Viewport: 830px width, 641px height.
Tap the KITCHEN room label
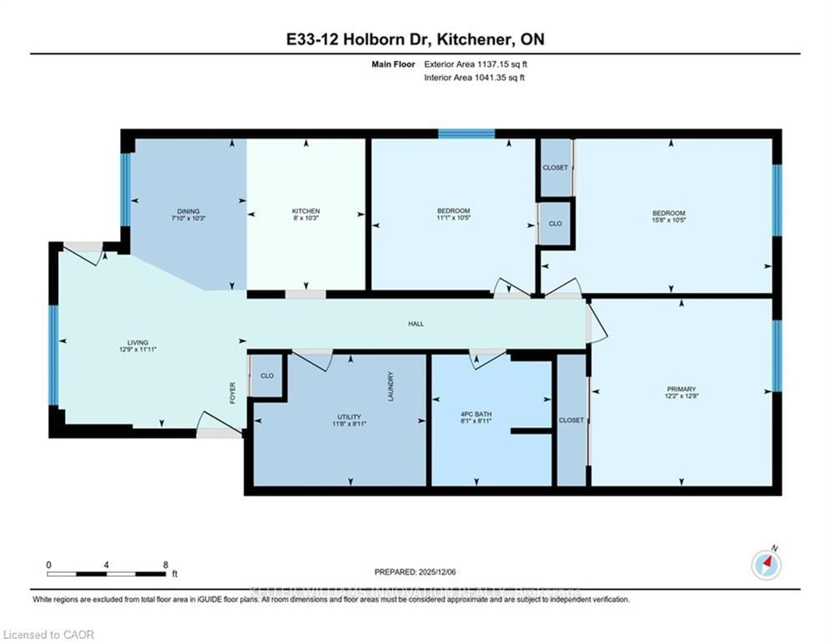306,211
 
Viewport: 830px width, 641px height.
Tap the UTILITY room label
349,417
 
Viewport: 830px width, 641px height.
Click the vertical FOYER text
233,393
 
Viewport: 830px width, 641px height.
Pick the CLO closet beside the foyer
267,376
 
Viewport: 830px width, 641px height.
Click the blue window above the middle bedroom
466,133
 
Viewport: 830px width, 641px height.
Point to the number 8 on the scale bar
165,565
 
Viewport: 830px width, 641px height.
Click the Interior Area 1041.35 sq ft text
474,78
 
